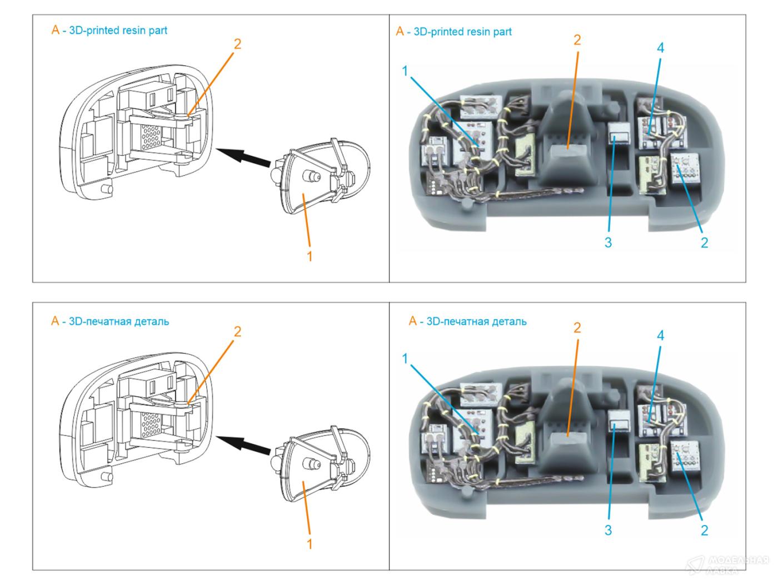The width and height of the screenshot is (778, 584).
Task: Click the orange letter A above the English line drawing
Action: pyautogui.click(x=55, y=30)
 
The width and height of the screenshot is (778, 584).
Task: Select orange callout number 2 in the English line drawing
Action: pyautogui.click(x=237, y=44)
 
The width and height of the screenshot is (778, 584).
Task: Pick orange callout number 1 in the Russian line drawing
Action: pyautogui.click(x=310, y=543)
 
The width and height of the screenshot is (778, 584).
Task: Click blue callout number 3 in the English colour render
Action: pyautogui.click(x=608, y=242)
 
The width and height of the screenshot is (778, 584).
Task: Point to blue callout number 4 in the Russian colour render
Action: pyautogui.click(x=660, y=335)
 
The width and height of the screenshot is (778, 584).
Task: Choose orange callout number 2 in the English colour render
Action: pyautogui.click(x=577, y=40)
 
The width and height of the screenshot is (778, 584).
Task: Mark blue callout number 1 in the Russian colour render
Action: pyautogui.click(x=405, y=359)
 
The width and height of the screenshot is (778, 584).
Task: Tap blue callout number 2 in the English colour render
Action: pyautogui.click(x=704, y=242)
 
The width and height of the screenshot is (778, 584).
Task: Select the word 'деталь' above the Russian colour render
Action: pyautogui.click(x=508, y=321)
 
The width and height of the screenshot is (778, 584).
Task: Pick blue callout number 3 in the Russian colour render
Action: pyautogui.click(x=608, y=530)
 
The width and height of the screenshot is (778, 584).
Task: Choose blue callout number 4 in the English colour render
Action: pyautogui.click(x=660, y=48)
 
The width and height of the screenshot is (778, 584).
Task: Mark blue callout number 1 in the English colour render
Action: pyautogui.click(x=405, y=71)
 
